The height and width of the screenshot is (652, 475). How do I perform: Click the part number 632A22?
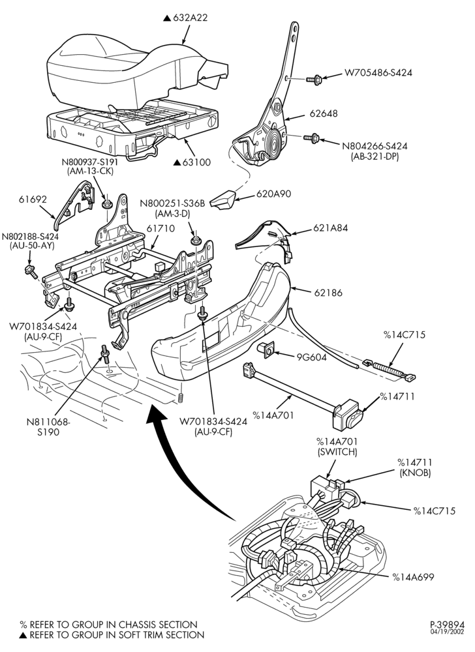click(190, 18)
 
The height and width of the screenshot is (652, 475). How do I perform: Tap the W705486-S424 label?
click(378, 72)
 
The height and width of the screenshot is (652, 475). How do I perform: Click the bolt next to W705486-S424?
click(314, 79)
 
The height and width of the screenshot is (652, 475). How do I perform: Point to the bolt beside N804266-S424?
click(311, 137)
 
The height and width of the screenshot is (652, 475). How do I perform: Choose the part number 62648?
click(324, 113)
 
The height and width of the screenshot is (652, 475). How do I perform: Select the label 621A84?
click(331, 228)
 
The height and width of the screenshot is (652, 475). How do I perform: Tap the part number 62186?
click(328, 292)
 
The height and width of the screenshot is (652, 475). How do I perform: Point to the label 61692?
click(33, 200)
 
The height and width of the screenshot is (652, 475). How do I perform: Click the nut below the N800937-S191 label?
click(107, 203)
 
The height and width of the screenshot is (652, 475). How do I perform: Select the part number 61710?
click(161, 228)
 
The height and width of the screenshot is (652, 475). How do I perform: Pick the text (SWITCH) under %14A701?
click(337, 451)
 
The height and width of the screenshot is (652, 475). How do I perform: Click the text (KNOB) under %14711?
click(415, 472)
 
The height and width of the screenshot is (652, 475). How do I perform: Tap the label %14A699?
click(413, 577)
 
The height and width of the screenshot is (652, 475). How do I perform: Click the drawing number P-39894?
click(447, 625)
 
